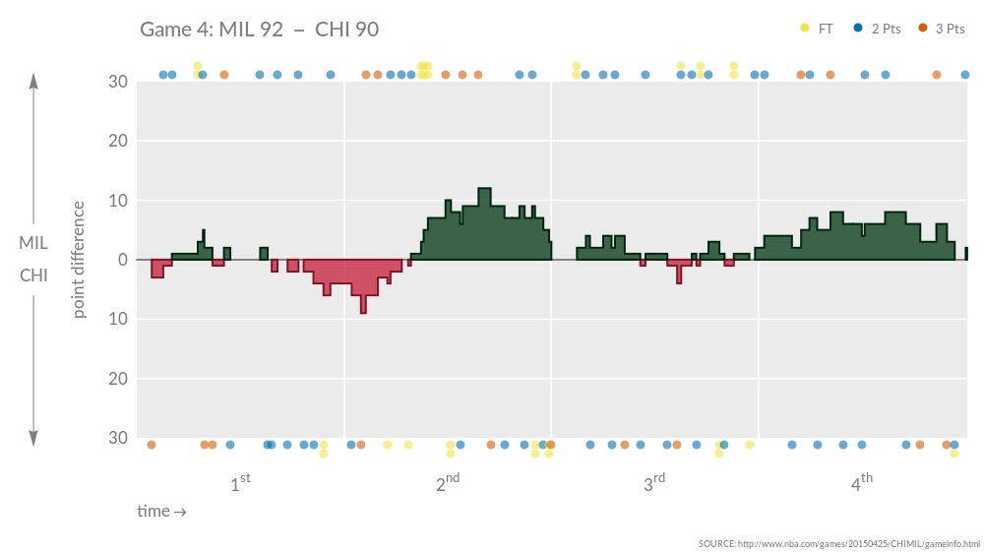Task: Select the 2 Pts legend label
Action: point(886,29)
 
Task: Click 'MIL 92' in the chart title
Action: point(252,30)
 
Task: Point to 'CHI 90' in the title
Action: point(346,30)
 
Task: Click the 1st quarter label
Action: point(240,483)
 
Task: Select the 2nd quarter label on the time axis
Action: point(447,483)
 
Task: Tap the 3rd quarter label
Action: point(654,483)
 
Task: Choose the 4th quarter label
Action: point(861,483)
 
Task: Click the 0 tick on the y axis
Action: point(122,260)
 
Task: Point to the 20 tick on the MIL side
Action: point(118,142)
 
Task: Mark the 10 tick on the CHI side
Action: point(118,319)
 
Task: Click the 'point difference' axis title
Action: point(80,260)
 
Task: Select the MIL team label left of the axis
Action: point(33,243)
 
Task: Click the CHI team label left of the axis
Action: point(33,276)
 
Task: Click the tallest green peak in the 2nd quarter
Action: point(484,190)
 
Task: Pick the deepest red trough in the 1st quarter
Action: point(363,311)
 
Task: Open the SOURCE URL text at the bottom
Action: point(839,544)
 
